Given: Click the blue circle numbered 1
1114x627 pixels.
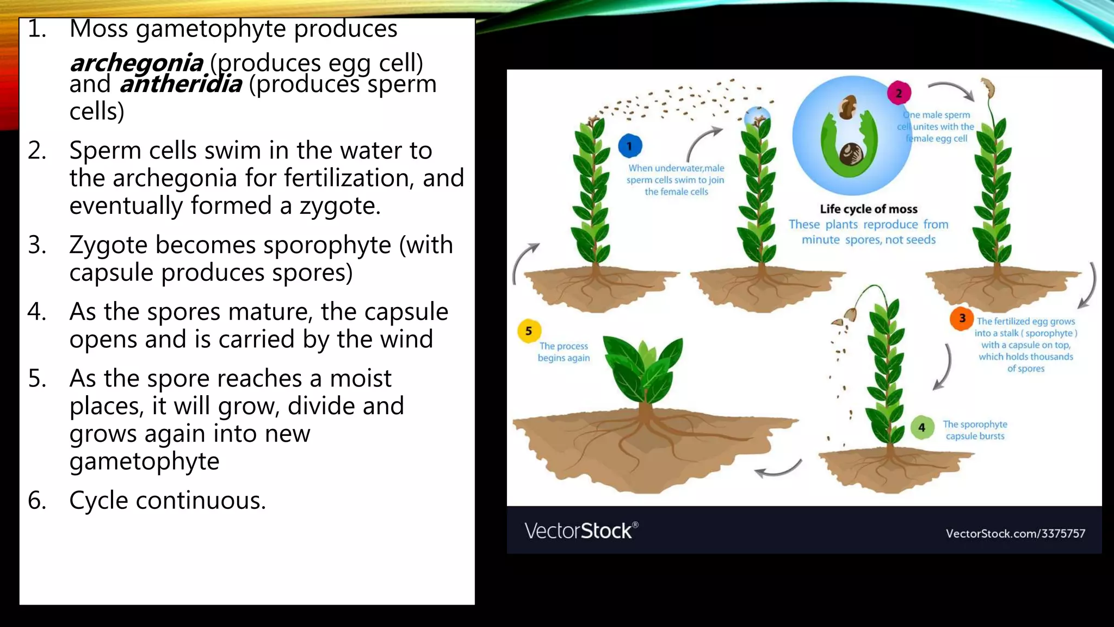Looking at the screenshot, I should coord(630,146).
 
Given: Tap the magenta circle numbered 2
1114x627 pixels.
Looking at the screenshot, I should coord(899,93).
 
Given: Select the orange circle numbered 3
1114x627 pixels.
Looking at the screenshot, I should coord(962,318).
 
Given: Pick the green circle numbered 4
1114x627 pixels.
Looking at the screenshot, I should coord(922,428).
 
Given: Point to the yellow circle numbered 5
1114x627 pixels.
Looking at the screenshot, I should coord(529,331).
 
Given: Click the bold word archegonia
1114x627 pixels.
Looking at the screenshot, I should coord(137,63).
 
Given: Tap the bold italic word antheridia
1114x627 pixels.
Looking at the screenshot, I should coord(181,84).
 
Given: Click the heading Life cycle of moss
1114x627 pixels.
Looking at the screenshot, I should coord(868,209).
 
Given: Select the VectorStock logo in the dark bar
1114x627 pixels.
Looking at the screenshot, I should coord(581,531).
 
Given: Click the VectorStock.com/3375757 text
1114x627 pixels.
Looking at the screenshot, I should coord(1015,533).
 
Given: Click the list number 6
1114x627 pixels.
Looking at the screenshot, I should coord(36,500).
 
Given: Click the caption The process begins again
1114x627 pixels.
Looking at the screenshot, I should coord(564,352).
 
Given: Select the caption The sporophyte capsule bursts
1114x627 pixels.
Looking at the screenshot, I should coord(975,430).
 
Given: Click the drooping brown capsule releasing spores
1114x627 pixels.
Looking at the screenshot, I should coord(850,315).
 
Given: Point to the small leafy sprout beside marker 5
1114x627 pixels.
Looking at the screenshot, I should coord(645,370).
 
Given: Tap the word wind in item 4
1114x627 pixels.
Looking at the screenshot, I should coord(406,340).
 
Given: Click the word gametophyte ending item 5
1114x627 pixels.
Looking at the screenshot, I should coord(144,462).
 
